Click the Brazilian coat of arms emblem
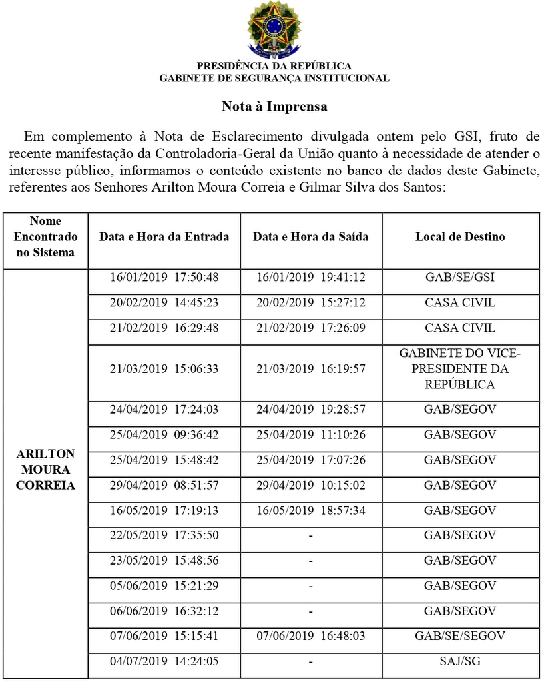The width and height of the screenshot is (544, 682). tap(274, 29)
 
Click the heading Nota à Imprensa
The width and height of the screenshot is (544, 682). tap(274, 106)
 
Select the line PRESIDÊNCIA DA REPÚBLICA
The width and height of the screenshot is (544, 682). tap(274, 66)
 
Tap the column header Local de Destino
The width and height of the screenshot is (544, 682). tap(460, 236)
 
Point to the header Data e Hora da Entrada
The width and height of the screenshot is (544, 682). tap(164, 236)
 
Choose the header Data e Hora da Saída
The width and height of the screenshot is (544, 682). tap(310, 236)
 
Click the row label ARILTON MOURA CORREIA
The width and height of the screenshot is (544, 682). tap(45, 469)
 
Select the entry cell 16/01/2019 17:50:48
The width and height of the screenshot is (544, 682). tap(164, 277)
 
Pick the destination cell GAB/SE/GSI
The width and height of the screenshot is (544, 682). tap(460, 277)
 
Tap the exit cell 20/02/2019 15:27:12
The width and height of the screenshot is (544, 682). tap(310, 302)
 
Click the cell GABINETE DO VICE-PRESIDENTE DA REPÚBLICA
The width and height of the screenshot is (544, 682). tap(460, 368)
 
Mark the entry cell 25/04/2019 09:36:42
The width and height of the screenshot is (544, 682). tap(164, 435)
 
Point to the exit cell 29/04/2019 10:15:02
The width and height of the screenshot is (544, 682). tap(310, 485)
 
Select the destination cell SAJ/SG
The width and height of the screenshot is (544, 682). tap(460, 661)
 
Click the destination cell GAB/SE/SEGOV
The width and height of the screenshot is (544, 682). tap(460, 636)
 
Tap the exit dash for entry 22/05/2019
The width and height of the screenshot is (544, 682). tap(310, 535)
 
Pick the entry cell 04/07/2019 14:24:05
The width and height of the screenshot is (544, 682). tap(164, 661)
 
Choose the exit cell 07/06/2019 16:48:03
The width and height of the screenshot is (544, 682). tap(310, 636)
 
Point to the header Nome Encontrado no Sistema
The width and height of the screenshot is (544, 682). tap(45, 236)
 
